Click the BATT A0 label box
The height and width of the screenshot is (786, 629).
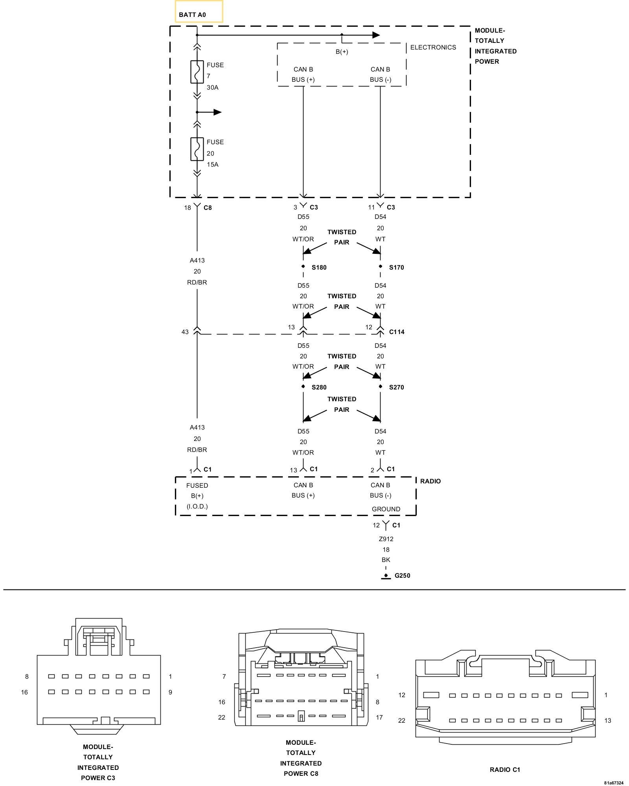(x=199, y=12)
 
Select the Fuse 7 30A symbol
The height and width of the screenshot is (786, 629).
(x=197, y=72)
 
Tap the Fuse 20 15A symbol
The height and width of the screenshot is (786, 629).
(x=197, y=149)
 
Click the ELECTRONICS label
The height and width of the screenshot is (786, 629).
(x=433, y=47)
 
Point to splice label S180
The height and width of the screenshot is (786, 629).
(x=319, y=268)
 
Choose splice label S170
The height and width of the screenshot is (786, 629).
(x=396, y=268)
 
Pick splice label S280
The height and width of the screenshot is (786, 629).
(x=319, y=387)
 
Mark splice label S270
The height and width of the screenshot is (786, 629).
(x=396, y=387)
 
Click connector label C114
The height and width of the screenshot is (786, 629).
(x=397, y=332)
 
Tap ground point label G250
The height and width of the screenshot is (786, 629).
(x=402, y=576)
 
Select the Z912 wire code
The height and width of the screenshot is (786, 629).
(x=386, y=539)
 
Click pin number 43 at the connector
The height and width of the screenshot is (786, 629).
(x=185, y=332)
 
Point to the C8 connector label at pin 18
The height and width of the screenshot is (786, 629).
(x=208, y=208)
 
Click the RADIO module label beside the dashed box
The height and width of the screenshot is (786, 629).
(x=430, y=481)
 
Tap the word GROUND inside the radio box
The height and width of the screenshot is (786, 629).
(x=386, y=509)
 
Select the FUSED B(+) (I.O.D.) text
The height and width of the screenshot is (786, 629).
(x=197, y=496)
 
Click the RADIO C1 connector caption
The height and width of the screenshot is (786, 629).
(x=505, y=769)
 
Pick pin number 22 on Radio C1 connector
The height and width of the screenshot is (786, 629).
(x=401, y=720)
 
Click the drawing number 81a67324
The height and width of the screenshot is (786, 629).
(x=614, y=783)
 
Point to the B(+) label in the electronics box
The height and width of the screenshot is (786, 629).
(x=342, y=52)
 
